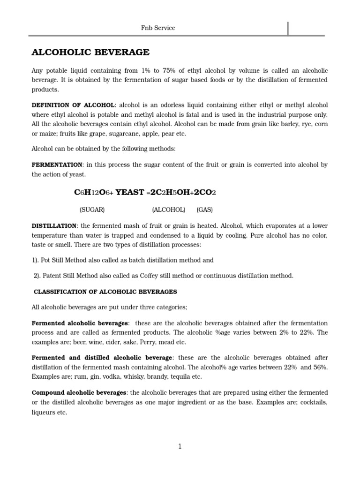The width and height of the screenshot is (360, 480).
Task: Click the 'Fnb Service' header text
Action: tap(158, 28)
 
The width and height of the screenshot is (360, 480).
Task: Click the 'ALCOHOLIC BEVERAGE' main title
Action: tap(90, 52)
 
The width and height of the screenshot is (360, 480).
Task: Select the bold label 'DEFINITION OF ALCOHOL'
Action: tap(73, 105)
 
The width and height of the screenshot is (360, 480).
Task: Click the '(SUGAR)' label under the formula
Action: tap(92, 210)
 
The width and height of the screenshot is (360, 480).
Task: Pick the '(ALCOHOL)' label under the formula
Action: tap(168, 210)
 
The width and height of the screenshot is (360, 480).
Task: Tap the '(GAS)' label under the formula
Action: tap(204, 210)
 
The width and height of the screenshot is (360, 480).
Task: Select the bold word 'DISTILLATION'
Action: tap(54, 226)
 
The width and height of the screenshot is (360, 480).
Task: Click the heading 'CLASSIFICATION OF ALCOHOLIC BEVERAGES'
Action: tap(105, 292)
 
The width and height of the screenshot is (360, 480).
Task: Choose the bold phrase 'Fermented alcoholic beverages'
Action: tap(80, 323)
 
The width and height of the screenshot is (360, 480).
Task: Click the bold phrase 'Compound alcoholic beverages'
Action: tap(79, 392)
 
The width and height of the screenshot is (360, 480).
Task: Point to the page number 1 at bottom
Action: tap(180, 447)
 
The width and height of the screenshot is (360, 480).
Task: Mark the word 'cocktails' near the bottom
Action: tap(314, 403)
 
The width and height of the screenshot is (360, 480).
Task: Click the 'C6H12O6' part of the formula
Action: tap(93, 193)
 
